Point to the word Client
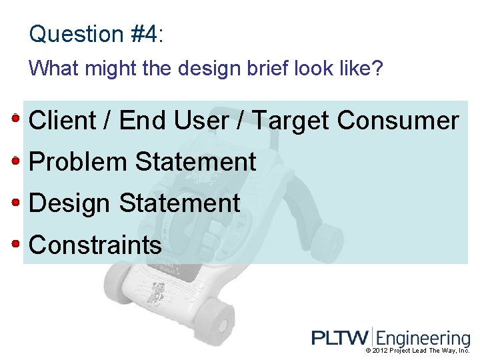tap(63, 121)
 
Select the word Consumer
tap(398, 121)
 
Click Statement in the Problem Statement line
tap(195, 162)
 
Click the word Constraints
tap(95, 245)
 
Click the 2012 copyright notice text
tap(418, 351)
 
